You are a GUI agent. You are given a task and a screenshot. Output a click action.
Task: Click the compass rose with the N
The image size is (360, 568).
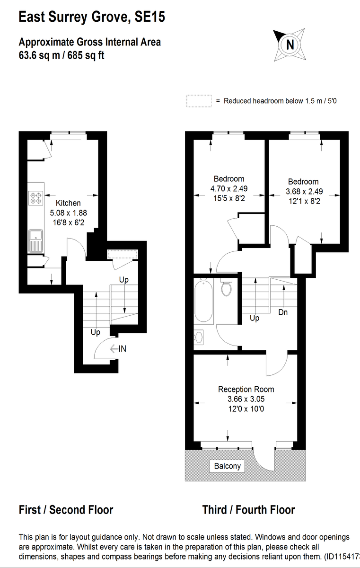pyautogui.click(x=290, y=44)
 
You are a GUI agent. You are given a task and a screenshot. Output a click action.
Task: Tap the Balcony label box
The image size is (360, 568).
pyautogui.click(x=228, y=466)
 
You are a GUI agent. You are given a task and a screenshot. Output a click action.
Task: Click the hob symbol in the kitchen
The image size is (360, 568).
pyautogui.click(x=35, y=197)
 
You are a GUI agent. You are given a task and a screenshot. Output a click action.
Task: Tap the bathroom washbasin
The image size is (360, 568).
pyautogui.click(x=199, y=337)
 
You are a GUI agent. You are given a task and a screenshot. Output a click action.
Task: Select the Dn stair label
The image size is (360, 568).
pyautogui.click(x=283, y=312)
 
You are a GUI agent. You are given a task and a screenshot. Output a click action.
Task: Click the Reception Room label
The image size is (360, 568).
pyautogui.click(x=246, y=389)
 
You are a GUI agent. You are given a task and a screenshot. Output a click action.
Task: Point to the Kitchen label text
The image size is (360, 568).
pyautogui.click(x=68, y=203)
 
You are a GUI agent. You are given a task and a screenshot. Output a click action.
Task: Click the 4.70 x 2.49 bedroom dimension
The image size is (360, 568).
pyautogui.click(x=229, y=188)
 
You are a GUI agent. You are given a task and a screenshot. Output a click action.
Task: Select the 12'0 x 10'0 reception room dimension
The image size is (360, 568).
pyautogui.click(x=246, y=408)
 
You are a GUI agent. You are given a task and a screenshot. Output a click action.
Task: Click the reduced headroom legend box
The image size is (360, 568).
pyautogui.click(x=199, y=101)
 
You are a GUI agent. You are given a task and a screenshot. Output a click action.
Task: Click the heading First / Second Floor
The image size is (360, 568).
pyautogui.click(x=66, y=510)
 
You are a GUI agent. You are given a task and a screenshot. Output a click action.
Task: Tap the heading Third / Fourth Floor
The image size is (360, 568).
pyautogui.click(x=248, y=510)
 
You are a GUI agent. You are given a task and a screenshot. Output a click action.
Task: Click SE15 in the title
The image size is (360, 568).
pyautogui.click(x=150, y=18)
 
